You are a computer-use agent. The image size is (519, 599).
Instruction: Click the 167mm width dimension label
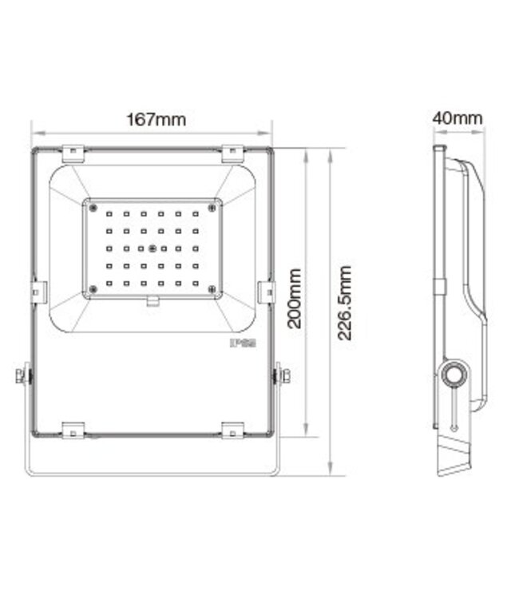click(x=156, y=120)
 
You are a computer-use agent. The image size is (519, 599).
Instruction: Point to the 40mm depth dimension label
click(x=458, y=117)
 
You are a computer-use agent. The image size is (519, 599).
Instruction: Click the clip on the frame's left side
click(x=38, y=292)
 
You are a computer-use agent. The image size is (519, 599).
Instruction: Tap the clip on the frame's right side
click(x=267, y=292)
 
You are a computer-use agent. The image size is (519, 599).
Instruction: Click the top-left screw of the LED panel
click(x=93, y=208)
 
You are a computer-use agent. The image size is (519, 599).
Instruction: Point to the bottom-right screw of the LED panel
click(x=212, y=289)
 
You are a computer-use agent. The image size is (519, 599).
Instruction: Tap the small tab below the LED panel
click(x=153, y=302)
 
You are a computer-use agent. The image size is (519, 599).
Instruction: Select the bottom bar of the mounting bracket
click(x=152, y=474)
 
